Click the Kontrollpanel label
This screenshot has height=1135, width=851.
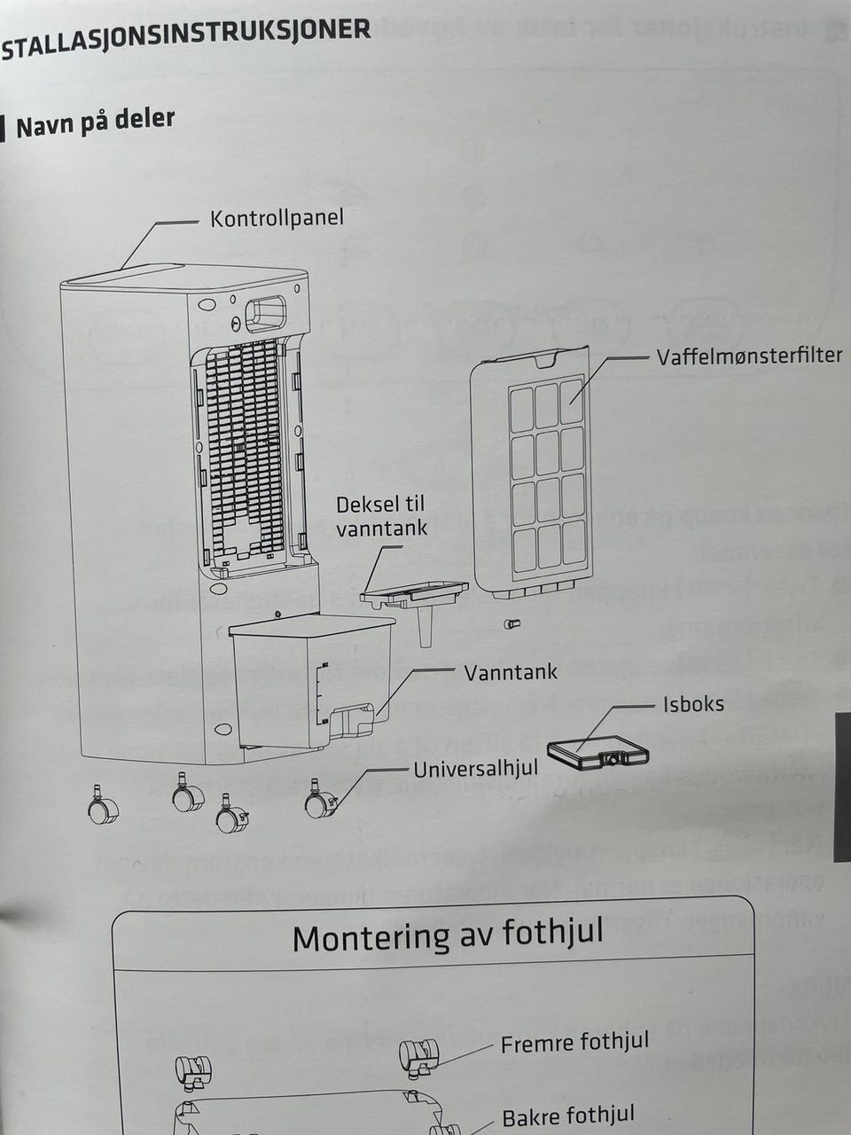[x=276, y=218]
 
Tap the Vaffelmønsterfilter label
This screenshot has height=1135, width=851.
[x=749, y=356]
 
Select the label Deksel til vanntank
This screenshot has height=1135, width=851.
[x=380, y=516]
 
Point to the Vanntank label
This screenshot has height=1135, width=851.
[x=511, y=672]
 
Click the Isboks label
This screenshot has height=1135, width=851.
[x=693, y=705]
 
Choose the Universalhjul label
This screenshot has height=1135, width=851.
[x=475, y=769]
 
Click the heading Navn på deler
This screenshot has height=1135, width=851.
[x=95, y=122]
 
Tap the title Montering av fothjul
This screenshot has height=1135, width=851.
[x=448, y=935]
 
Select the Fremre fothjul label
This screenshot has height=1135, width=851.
[x=574, y=1044]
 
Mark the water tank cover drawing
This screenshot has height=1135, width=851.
[x=415, y=599]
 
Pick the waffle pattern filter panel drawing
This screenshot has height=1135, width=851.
[x=533, y=470]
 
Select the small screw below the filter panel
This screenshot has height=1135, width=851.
[x=511, y=624]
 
